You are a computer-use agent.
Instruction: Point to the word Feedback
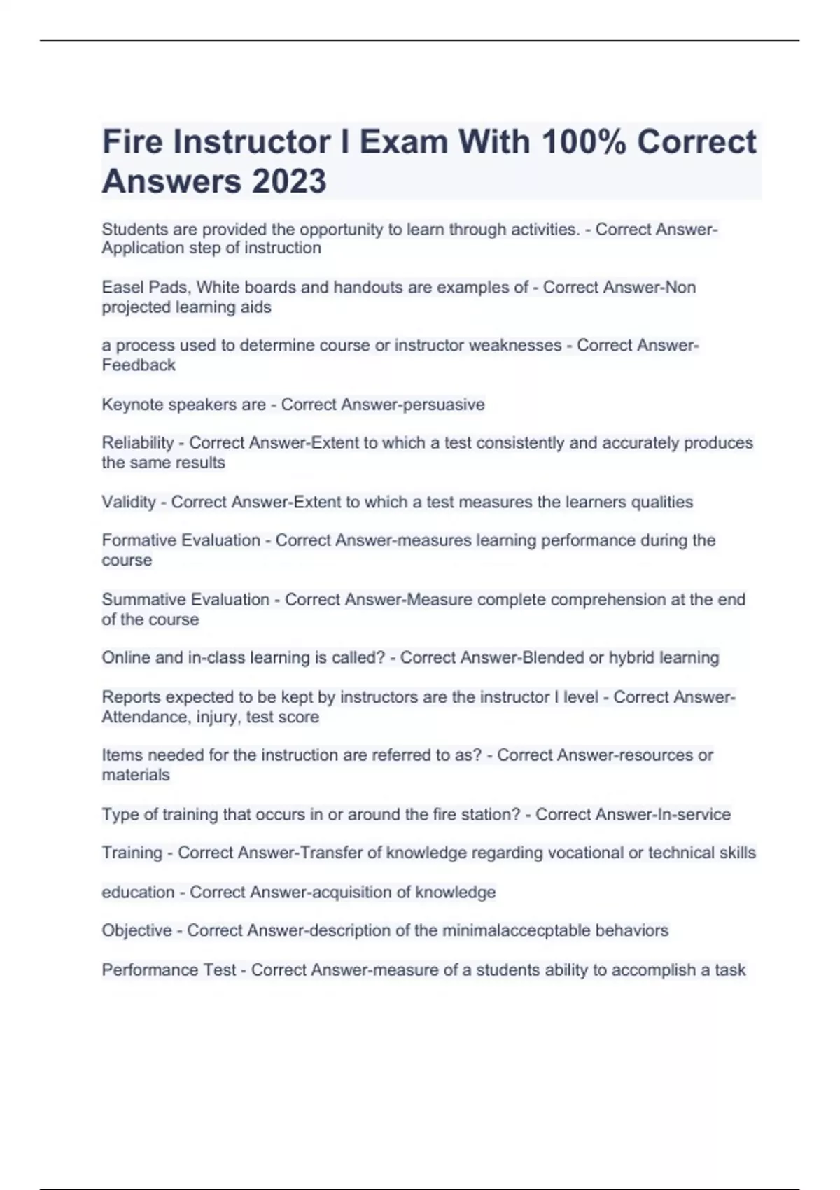click(139, 365)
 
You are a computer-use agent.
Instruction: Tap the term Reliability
click(137, 443)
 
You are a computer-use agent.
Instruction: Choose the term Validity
click(129, 502)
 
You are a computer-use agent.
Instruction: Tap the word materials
click(136, 776)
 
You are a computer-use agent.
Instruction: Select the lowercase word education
click(138, 892)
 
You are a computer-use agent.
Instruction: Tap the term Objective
click(136, 931)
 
